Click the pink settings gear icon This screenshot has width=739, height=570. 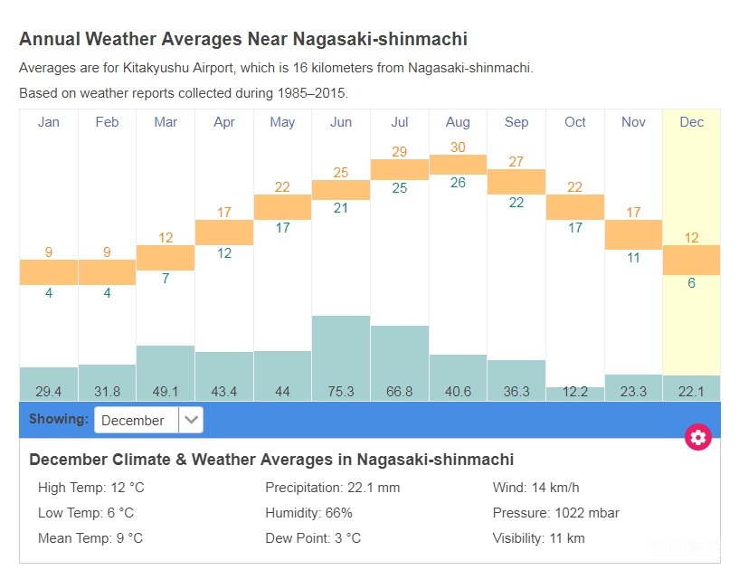(x=698, y=438)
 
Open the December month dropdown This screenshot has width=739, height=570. (x=148, y=420)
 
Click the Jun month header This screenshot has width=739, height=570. (x=341, y=122)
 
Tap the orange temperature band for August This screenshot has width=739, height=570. (x=458, y=164)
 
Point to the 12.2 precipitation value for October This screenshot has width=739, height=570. (x=574, y=392)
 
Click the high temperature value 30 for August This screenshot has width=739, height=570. (x=458, y=147)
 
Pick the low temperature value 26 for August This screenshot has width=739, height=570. (x=458, y=182)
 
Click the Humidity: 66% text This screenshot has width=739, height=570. (x=308, y=513)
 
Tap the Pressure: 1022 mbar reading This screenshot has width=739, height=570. (x=555, y=513)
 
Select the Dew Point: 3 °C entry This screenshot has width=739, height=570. (x=313, y=538)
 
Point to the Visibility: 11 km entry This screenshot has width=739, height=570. (x=538, y=538)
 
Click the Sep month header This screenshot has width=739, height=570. (x=516, y=122)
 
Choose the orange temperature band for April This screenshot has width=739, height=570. (x=224, y=233)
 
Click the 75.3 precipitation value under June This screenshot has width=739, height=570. (x=341, y=392)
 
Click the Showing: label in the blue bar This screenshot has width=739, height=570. (x=59, y=419)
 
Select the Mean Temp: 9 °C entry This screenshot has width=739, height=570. (x=90, y=538)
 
